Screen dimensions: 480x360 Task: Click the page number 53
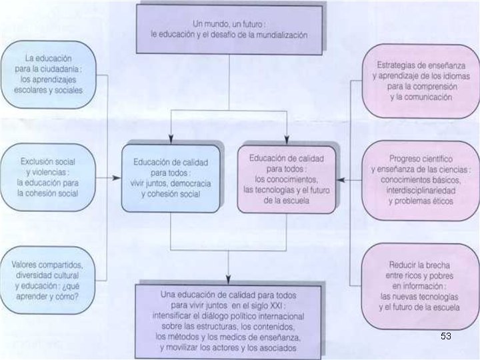(445, 337)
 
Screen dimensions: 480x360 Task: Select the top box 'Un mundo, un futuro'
(229, 29)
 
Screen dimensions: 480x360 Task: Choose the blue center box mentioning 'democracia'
(171, 179)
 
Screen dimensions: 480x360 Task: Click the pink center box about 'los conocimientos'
(287, 179)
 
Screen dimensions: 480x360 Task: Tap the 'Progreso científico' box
(421, 179)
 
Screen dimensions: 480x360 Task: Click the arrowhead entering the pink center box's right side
(341, 179)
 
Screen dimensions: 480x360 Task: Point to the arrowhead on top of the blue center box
(171, 139)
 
